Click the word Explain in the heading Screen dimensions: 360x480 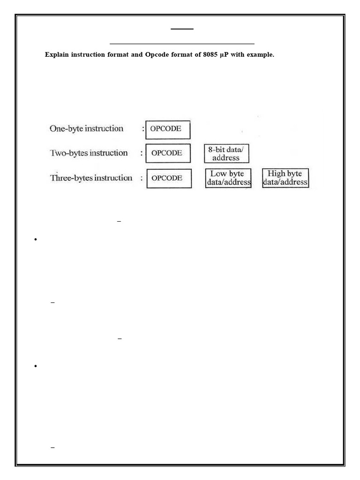coord(56,55)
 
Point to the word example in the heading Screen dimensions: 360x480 coord(260,55)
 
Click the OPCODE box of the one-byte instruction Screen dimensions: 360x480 coord(168,129)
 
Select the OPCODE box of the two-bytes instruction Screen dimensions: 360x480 coord(168,153)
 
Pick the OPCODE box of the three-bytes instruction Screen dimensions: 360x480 coord(169,178)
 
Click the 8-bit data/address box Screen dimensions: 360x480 coord(226,153)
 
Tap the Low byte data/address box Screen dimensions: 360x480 coord(228,178)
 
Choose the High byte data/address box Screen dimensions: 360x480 coord(285,178)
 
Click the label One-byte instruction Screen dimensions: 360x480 coord(87,128)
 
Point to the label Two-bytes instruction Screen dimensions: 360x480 coord(89,153)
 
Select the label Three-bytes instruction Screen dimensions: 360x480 coord(91,178)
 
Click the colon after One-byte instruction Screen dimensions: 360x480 coord(142,129)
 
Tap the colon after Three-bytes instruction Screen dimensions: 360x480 coord(142,178)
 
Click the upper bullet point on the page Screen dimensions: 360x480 coord(36,240)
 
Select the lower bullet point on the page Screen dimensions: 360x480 coord(36,366)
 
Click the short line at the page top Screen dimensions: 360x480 coord(182,29)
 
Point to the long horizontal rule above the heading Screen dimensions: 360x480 coord(182,44)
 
